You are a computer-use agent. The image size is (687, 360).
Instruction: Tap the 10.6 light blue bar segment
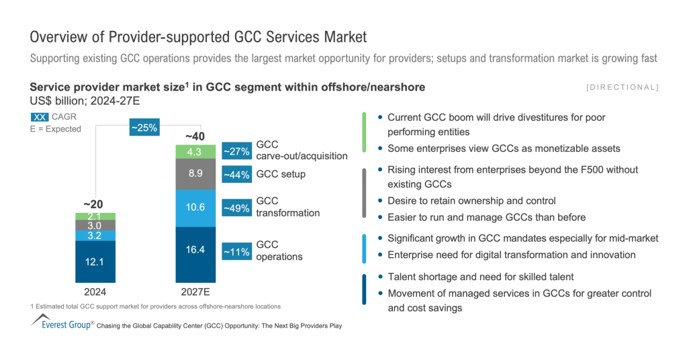click(195, 208)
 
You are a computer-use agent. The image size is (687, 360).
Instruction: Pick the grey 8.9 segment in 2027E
click(195, 174)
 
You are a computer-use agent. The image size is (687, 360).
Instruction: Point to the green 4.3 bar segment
click(195, 152)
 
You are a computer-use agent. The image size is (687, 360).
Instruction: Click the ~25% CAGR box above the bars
click(144, 127)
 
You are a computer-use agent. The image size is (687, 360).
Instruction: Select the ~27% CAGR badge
click(236, 151)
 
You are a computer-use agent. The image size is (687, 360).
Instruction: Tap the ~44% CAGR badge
click(236, 175)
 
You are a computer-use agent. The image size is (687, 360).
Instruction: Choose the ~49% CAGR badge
click(236, 208)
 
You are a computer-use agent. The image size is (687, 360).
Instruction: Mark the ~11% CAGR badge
click(236, 252)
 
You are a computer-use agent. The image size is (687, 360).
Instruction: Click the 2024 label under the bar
click(95, 293)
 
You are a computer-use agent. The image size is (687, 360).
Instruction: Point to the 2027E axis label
click(196, 293)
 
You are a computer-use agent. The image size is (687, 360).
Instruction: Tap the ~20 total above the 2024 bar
click(95, 204)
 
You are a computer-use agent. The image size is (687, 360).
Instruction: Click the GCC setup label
click(281, 175)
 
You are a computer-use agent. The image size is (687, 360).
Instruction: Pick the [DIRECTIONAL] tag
click(622, 87)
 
